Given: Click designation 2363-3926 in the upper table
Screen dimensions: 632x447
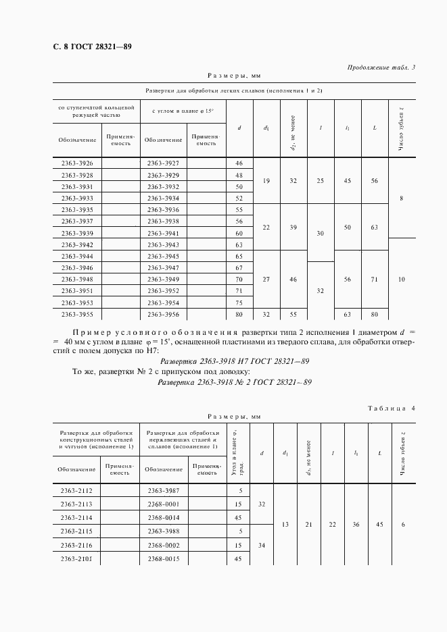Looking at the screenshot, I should (x=77, y=163).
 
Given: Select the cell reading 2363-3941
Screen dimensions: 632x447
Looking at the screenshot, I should (x=162, y=233).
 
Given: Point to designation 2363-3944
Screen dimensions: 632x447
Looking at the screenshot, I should (x=77, y=257).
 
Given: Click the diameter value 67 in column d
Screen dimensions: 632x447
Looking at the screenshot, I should (x=239, y=268).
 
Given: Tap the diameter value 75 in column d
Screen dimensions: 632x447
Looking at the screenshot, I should (x=239, y=302).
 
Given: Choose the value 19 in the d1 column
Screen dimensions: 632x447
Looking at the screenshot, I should (x=266, y=181).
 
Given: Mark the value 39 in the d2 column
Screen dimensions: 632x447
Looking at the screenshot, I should (x=293, y=227).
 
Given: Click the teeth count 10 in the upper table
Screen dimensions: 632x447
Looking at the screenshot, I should (x=402, y=279).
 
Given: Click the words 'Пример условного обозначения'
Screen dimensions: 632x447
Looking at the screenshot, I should (x=153, y=333).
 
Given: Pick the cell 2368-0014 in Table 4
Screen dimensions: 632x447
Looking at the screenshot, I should (x=162, y=517).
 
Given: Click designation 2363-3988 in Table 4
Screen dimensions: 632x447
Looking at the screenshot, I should (x=162, y=531).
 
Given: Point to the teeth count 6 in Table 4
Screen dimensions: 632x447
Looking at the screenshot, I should (x=402, y=525).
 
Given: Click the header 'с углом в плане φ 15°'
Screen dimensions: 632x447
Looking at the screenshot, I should (x=183, y=110).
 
